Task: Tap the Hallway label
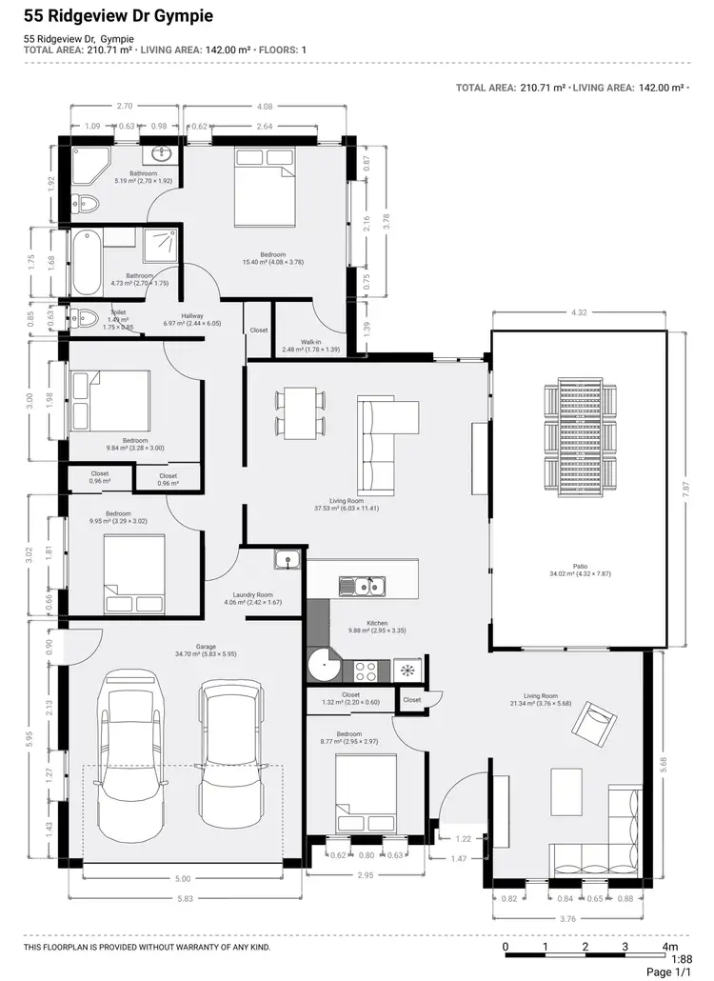[x=192, y=319]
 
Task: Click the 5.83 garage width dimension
[x=183, y=899]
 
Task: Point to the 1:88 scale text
[x=682, y=960]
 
